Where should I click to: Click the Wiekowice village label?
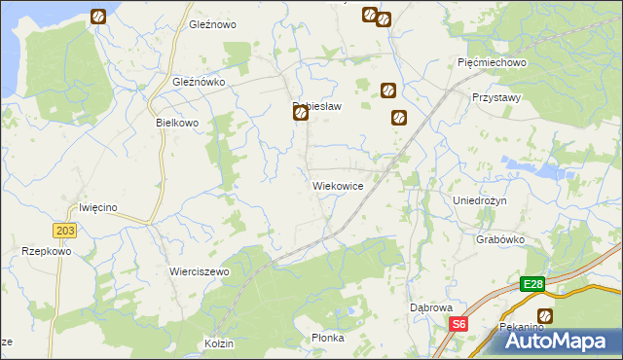[338, 185]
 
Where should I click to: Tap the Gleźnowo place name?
[213, 24]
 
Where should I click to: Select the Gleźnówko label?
[199, 83]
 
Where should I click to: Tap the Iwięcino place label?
[98, 207]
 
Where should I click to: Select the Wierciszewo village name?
[199, 271]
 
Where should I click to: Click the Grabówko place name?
[501, 238]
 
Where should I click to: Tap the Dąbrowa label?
[430, 307]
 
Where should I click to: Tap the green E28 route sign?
[531, 284]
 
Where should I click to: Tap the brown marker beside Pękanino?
[544, 316]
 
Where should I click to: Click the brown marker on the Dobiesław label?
[301, 114]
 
